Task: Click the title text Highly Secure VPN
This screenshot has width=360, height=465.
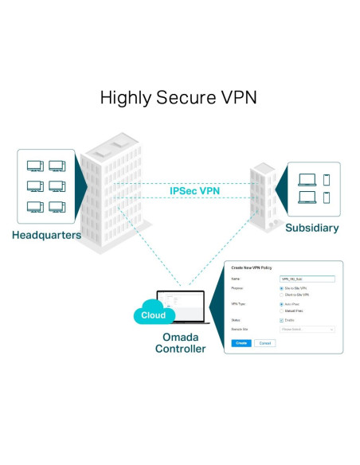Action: click(179, 98)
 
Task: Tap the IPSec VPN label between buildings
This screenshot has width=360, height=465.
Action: click(194, 191)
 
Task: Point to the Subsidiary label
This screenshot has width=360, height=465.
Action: click(311, 228)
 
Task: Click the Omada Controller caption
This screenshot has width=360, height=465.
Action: click(179, 343)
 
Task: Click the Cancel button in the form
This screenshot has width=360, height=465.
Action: click(264, 342)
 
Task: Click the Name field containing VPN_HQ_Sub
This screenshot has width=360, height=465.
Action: click(307, 279)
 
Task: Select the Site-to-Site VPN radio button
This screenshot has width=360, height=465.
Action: click(282, 288)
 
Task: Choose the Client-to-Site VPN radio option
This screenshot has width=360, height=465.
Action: click(282, 295)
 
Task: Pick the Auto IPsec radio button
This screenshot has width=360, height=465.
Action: click(282, 304)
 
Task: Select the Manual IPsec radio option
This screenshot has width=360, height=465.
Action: click(282, 311)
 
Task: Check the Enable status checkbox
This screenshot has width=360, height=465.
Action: click(282, 320)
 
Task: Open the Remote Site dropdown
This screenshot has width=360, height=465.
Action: click(307, 329)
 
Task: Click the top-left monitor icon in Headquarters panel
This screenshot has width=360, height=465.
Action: click(35, 166)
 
